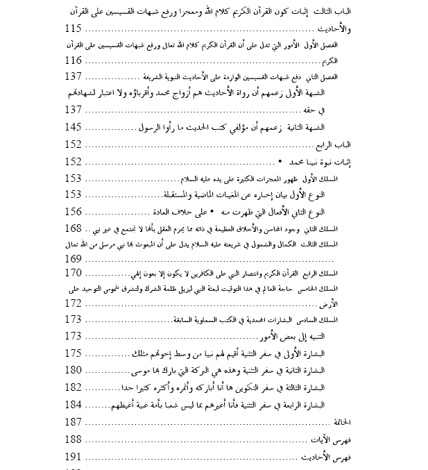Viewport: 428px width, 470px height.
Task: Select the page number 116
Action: point(73,60)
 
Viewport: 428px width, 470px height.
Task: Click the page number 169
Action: point(73,258)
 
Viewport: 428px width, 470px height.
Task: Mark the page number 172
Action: point(73,303)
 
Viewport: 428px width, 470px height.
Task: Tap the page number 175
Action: point(73,353)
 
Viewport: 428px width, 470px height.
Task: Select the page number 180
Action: point(73,369)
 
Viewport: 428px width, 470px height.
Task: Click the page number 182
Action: point(73,387)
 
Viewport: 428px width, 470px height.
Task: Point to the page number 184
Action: point(73,404)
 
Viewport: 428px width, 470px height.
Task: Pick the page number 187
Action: point(73,421)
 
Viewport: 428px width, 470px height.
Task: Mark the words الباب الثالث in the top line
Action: point(335,13)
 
